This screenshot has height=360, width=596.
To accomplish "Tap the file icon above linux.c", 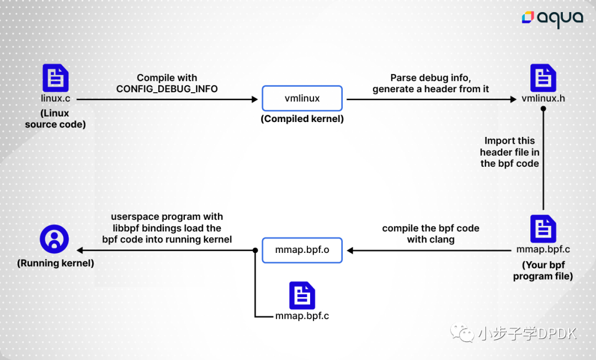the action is [56, 78].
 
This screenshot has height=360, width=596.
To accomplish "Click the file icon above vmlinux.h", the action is [543, 78].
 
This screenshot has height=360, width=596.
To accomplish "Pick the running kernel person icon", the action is [54, 239].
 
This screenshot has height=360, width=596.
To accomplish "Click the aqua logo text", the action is [560, 18].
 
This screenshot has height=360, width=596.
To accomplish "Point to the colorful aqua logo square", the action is [528, 17].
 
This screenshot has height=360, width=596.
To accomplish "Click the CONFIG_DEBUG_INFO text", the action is [167, 89].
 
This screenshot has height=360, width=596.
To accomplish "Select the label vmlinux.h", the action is [543, 98].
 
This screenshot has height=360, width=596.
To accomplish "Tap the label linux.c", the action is [56, 98].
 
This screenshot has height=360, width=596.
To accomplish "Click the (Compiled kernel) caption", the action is [302, 119].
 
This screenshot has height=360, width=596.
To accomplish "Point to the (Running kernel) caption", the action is [56, 263].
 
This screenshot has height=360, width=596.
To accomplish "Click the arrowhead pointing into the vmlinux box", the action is [254, 99].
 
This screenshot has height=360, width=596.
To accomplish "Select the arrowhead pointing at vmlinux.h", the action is [513, 99].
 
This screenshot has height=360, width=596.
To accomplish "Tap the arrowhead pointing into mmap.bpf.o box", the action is [350, 251].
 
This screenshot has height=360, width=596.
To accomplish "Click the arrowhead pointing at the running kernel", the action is [80, 250].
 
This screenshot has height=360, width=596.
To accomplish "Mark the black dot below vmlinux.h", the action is [543, 109].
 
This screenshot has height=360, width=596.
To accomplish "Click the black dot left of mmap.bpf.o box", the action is [256, 251].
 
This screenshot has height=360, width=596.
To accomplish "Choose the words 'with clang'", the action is [430, 240].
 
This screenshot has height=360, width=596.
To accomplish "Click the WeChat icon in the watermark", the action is [462, 332].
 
